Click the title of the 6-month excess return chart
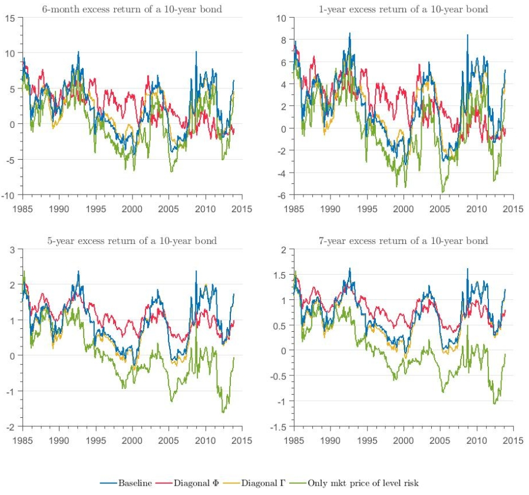[132, 9]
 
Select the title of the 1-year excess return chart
[404, 9]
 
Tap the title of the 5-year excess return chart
[132, 240]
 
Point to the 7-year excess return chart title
[404, 240]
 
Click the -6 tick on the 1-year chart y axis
[282, 195]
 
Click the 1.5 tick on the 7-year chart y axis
[281, 275]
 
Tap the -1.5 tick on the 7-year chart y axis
[279, 426]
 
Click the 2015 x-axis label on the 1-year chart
[513, 208]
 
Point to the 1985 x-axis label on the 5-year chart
[22, 440]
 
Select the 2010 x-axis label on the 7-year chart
[476, 440]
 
